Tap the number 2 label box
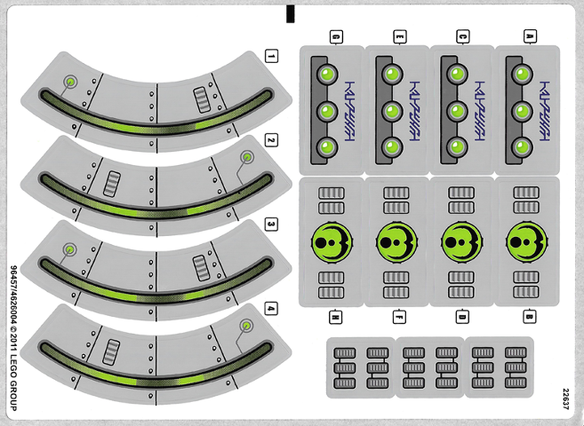click(x=271, y=140)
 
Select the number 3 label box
click(x=271, y=225)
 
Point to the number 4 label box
click(x=271, y=309)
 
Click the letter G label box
click(x=336, y=36)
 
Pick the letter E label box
click(x=400, y=36)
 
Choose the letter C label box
click(x=464, y=36)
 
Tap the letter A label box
click(x=529, y=36)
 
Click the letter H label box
click(x=336, y=315)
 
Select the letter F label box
click(x=400, y=315)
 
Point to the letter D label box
click(x=464, y=315)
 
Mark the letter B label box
click(x=529, y=315)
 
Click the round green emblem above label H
click(x=331, y=241)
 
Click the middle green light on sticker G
click(x=324, y=112)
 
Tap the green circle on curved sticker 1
click(x=69, y=83)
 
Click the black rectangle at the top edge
click(x=291, y=13)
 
